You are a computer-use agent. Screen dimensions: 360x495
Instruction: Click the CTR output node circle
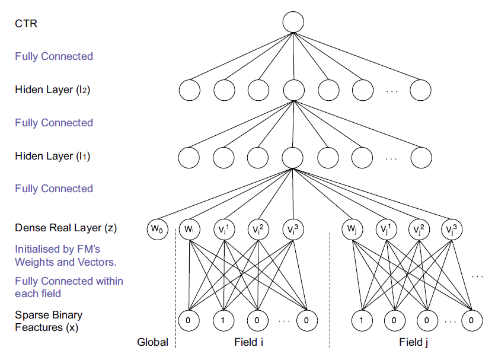[x=293, y=23]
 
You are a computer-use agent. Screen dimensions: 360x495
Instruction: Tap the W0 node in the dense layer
[x=156, y=229]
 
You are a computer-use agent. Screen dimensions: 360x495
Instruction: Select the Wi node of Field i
[x=189, y=229]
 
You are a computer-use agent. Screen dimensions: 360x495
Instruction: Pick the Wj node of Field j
[x=353, y=229]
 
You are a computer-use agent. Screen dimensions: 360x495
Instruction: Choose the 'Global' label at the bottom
[x=152, y=342]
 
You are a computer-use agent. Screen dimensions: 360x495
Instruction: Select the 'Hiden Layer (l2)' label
[x=52, y=90]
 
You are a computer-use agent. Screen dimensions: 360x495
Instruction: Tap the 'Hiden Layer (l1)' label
[x=52, y=157]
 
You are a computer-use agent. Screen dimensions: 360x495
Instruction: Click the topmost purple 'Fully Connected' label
[x=54, y=56]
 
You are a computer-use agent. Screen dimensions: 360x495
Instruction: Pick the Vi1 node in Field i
[x=223, y=229]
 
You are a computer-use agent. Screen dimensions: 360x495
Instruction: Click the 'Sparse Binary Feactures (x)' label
[x=49, y=320]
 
